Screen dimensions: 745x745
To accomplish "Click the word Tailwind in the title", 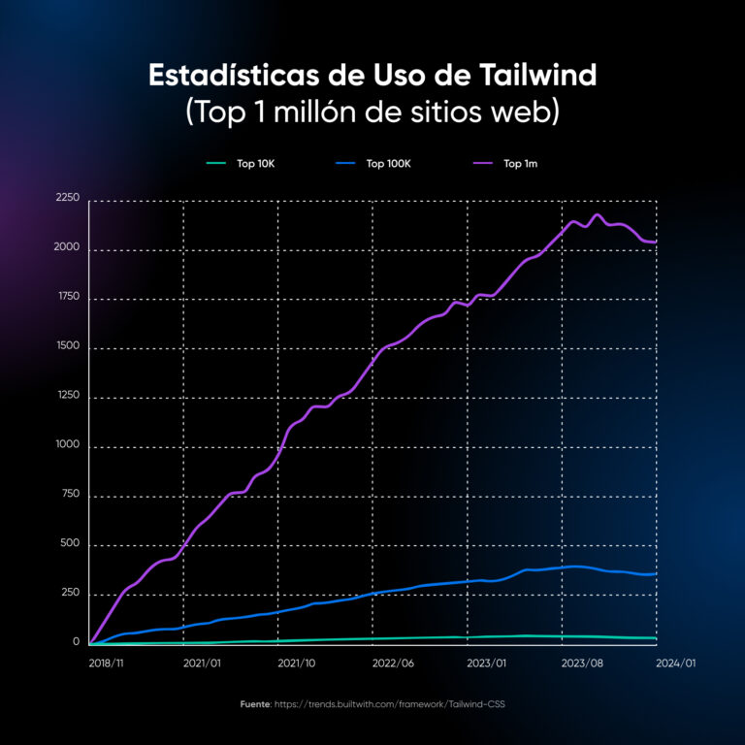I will point(544,76).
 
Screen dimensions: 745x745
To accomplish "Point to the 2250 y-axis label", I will point(68,198).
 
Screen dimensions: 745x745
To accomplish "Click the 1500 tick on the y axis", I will point(68,346).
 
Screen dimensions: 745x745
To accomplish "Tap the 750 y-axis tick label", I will point(71,495).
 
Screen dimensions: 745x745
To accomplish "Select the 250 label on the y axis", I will point(71,593).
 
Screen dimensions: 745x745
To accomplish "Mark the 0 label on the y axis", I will point(77,642).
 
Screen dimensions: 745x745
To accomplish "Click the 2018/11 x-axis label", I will point(106,664).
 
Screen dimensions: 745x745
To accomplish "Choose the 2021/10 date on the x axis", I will point(297,664).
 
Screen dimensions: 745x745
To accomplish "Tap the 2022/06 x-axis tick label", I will point(393,664).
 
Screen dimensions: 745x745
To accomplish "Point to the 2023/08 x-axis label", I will point(582,664).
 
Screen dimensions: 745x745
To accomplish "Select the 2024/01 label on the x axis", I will point(676,664).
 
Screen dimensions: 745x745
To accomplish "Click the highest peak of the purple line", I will point(597,215).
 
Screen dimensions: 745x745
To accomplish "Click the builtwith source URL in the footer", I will point(391,703).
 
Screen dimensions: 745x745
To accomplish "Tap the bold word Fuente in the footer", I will point(256,703).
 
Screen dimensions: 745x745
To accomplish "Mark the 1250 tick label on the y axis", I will point(68,396).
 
